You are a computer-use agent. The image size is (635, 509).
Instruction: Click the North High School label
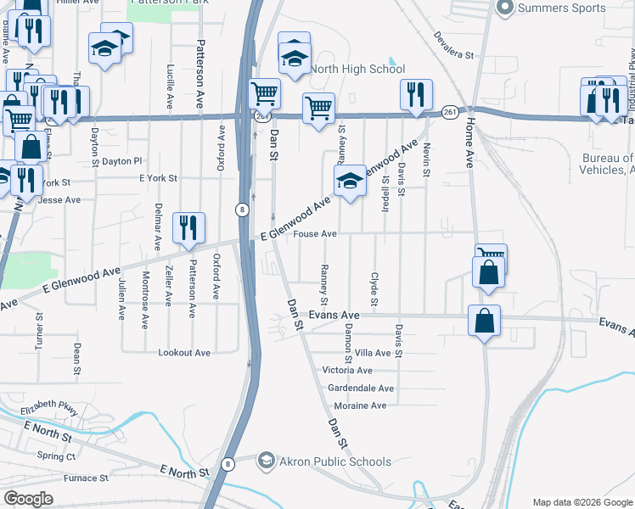click(x=357, y=69)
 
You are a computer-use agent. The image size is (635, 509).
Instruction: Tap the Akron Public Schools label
click(x=336, y=461)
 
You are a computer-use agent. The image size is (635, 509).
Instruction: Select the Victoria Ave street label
click(x=347, y=371)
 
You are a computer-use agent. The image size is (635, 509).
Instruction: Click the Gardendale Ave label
click(x=361, y=389)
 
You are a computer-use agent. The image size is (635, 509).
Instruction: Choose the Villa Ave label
click(x=372, y=353)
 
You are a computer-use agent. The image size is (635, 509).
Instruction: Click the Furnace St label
click(x=87, y=478)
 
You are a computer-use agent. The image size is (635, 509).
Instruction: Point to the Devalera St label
click(x=452, y=46)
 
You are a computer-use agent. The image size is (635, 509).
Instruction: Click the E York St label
click(x=158, y=179)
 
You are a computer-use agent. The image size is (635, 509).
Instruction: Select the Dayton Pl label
click(x=122, y=160)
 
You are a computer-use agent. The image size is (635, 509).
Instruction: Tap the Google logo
click(x=29, y=498)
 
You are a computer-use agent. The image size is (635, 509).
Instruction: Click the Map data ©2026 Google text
click(x=582, y=502)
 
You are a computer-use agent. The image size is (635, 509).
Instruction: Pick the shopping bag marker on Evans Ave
click(x=484, y=322)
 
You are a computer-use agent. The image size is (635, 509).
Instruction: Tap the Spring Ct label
click(x=57, y=456)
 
